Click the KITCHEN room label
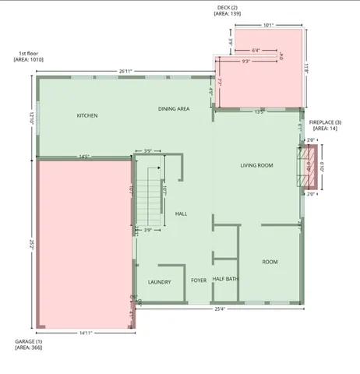coord(87,116)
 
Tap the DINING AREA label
coord(174,109)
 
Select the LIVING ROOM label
coord(256,165)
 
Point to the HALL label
coord(181,213)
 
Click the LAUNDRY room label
coord(159,281)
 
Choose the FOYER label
coord(199,280)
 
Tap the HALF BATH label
coord(225,279)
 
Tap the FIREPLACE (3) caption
coord(325,123)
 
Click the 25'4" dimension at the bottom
coord(219,309)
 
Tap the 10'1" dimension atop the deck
coord(268,26)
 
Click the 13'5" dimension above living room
coord(259,111)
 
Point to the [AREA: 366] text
coord(29,348)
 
